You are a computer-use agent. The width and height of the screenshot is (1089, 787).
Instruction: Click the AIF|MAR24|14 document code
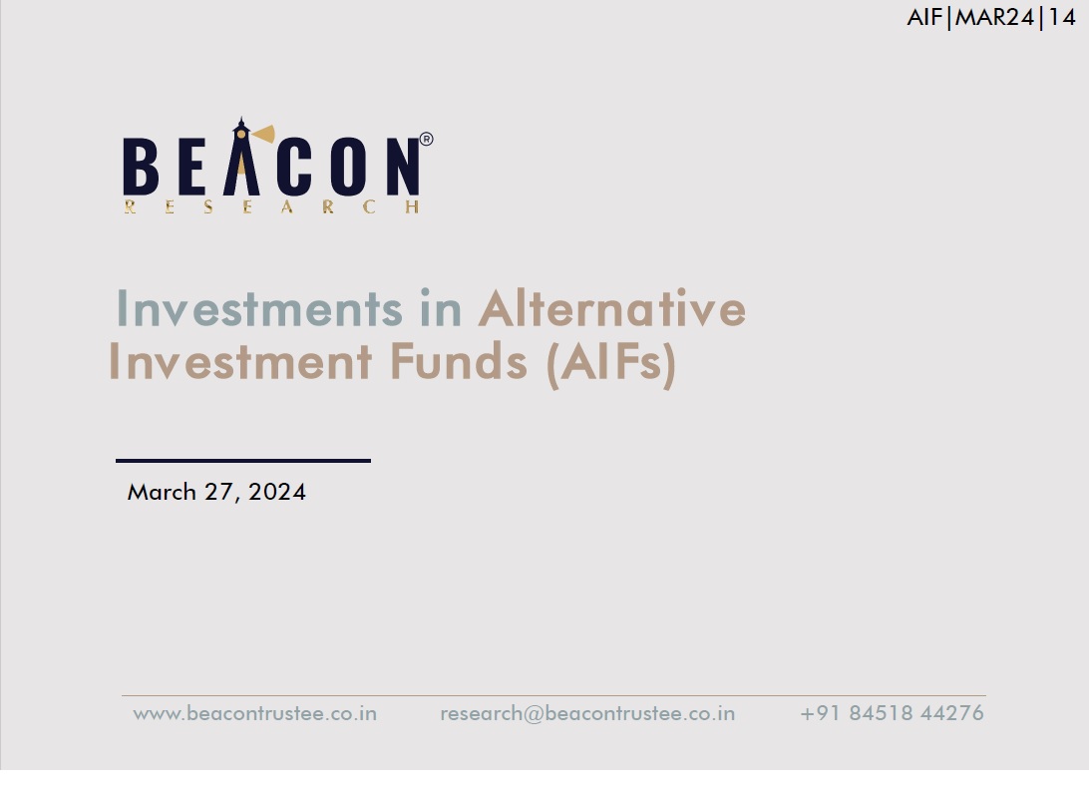(991, 17)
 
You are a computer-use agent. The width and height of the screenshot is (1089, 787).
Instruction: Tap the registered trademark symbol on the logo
(426, 139)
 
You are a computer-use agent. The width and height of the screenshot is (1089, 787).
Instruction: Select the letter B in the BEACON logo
(141, 166)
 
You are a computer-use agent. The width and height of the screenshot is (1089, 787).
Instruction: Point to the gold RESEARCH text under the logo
(271, 206)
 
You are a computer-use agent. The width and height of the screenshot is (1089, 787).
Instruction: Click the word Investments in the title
(259, 308)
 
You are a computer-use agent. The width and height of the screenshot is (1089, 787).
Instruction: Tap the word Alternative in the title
(612, 308)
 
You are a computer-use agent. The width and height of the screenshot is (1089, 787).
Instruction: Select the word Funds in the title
(458, 361)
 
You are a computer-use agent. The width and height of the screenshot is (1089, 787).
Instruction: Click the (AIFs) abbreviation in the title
(611, 363)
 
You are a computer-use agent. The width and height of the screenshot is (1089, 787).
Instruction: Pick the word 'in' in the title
(441, 308)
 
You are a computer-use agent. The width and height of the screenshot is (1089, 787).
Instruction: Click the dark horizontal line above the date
(243, 460)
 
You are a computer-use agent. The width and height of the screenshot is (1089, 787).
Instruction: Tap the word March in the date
(162, 492)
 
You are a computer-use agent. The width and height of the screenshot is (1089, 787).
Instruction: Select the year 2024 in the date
(277, 492)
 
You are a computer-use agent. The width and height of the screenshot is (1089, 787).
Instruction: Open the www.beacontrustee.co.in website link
(255, 713)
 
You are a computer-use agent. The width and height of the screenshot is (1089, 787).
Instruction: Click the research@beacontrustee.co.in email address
(587, 713)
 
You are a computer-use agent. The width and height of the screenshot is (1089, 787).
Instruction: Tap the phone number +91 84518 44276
(892, 712)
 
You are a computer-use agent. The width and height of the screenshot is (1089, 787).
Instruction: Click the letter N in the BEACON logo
(403, 166)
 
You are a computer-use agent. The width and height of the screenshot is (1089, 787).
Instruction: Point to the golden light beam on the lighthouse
(263, 134)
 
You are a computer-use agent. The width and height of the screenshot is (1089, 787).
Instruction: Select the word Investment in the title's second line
(240, 361)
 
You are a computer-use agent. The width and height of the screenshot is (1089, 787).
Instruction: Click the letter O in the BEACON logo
(348, 166)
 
